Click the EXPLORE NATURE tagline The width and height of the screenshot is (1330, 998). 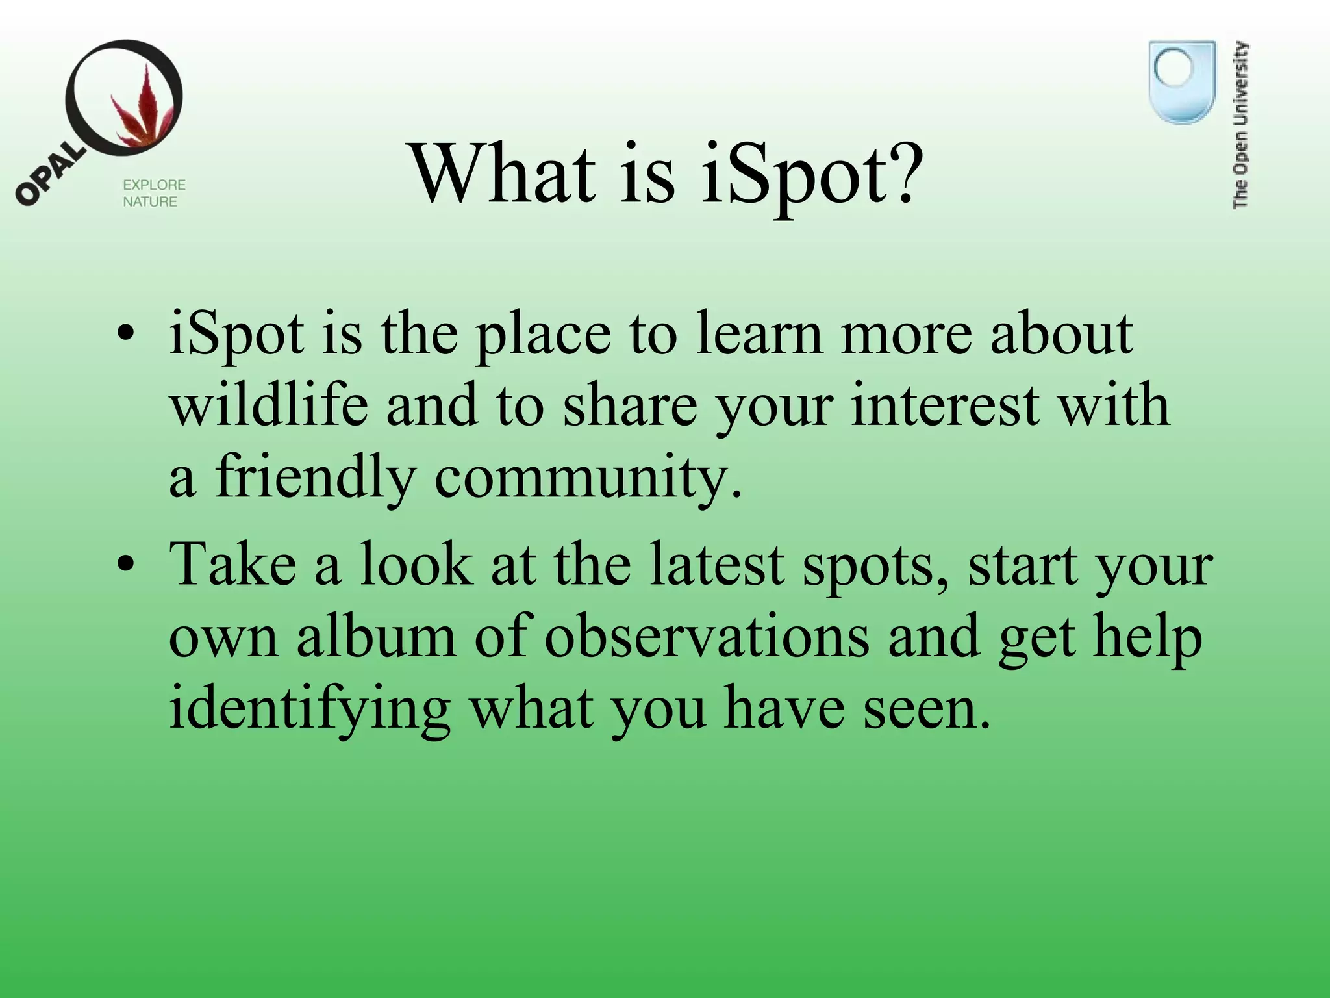(x=154, y=193)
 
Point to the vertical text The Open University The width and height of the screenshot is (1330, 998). (x=1240, y=125)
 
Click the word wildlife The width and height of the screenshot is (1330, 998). (x=269, y=405)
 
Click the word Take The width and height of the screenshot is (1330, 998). (x=233, y=565)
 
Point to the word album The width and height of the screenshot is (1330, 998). (x=377, y=637)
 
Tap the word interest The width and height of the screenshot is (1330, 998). (x=946, y=405)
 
